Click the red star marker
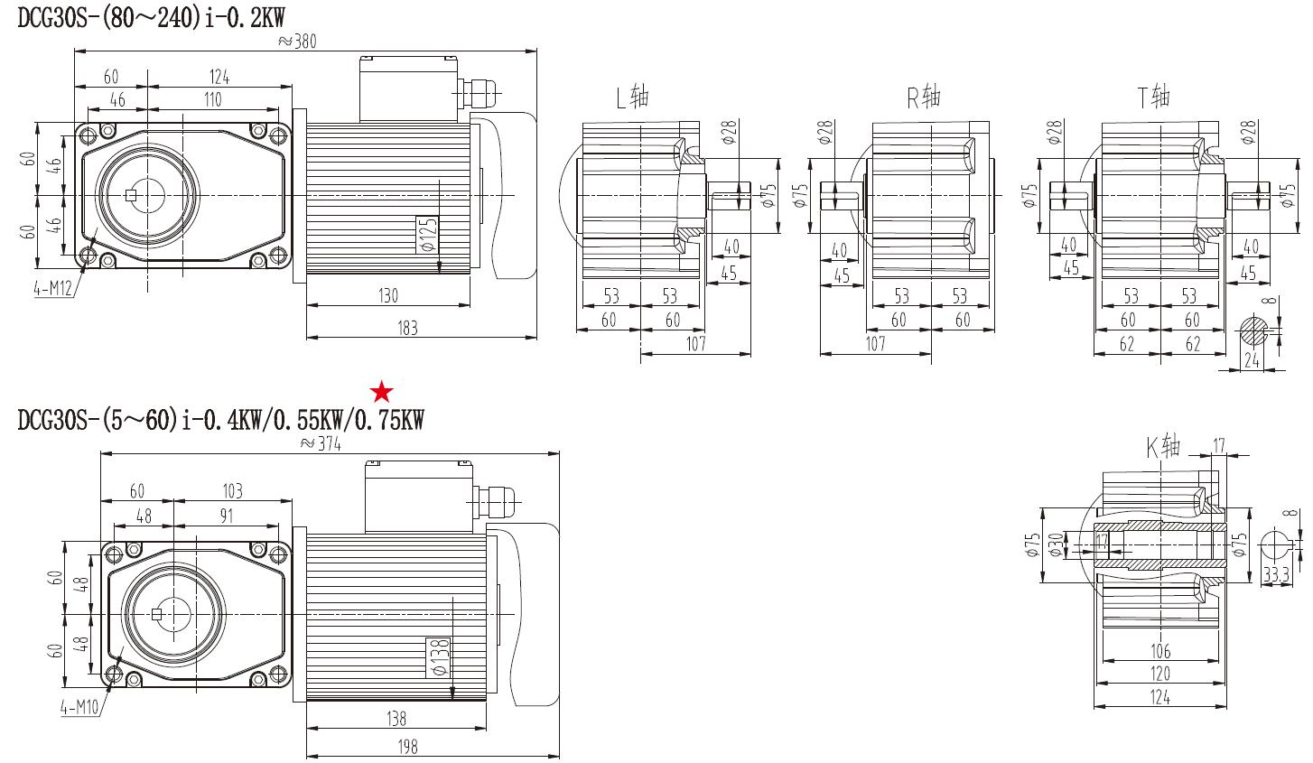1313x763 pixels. coord(383,392)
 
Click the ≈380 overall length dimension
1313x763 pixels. coord(298,41)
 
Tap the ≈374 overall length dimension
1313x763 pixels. coord(320,443)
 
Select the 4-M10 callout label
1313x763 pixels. coord(79,708)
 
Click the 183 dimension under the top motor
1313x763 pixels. coord(408,328)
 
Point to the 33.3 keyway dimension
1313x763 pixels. coord(1275,574)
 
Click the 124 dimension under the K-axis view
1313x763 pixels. coord(1160,697)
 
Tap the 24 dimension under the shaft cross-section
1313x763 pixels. coord(1252,359)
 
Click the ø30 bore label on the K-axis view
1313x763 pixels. coord(1054,544)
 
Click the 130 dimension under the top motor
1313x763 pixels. coord(388,294)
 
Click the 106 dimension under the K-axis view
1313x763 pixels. coord(1160,650)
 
